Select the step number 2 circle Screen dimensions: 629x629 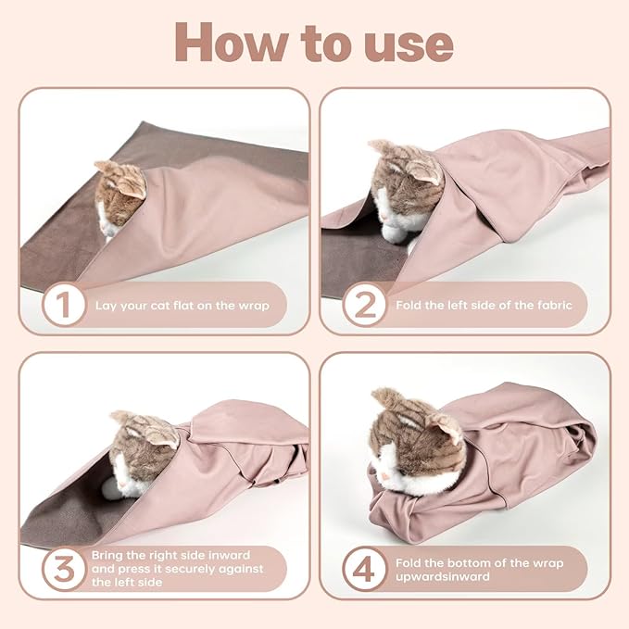tap(364, 305)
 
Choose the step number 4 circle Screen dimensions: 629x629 tap(364, 569)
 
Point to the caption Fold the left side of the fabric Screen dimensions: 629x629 tap(484, 305)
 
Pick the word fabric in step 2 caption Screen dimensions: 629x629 tap(552, 305)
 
